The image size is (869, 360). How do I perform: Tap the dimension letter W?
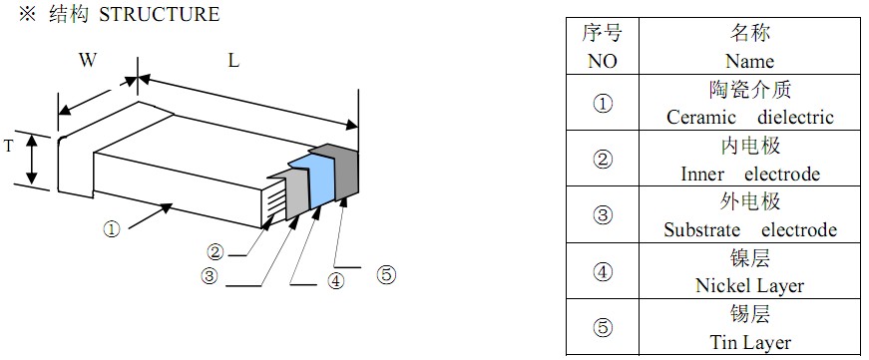pos(88,60)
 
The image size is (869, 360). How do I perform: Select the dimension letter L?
pos(232,60)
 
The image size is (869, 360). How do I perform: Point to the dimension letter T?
pos(8,146)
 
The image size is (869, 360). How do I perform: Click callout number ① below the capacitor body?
pos(111,227)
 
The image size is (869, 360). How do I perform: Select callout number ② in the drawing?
pos(215,251)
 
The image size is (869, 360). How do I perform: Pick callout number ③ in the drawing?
pos(209,276)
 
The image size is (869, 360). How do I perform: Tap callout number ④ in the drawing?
pos(335,281)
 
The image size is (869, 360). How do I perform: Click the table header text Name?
pos(749,61)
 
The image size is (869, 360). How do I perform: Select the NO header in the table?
pos(602,61)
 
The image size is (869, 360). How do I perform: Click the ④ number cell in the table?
pos(602,272)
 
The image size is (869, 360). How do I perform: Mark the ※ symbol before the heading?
pos(13,15)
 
